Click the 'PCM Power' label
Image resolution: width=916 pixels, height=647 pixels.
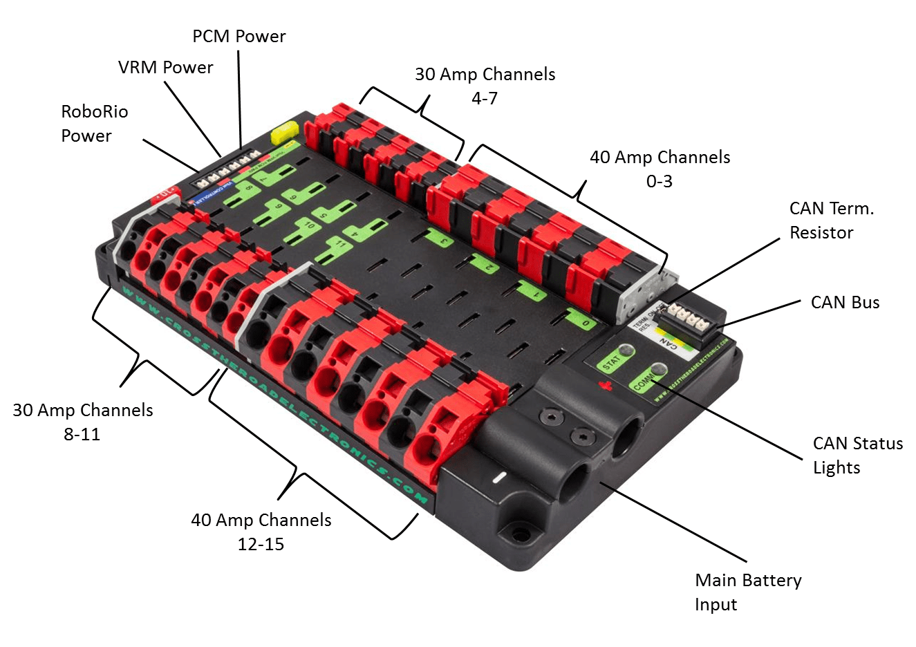(x=239, y=37)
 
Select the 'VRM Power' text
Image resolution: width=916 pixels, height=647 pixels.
(x=165, y=68)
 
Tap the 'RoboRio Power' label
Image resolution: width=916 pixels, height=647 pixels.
(x=95, y=124)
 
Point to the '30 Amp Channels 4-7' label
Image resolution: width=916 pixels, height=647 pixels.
(x=485, y=86)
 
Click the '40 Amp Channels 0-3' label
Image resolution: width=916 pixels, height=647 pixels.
(x=660, y=169)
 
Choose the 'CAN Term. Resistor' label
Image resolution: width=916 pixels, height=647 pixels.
(x=832, y=221)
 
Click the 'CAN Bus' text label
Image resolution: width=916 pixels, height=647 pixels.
(x=845, y=303)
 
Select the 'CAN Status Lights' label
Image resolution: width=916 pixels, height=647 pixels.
(x=857, y=455)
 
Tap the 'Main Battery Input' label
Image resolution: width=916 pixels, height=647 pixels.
(x=748, y=592)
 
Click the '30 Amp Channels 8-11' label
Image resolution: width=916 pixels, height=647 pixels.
(x=82, y=422)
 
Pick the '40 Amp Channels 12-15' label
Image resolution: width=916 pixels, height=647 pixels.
(x=261, y=532)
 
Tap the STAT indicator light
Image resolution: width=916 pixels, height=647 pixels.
(x=626, y=350)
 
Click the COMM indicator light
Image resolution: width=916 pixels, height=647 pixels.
(x=659, y=370)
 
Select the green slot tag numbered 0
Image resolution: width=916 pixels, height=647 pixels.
(x=583, y=320)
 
